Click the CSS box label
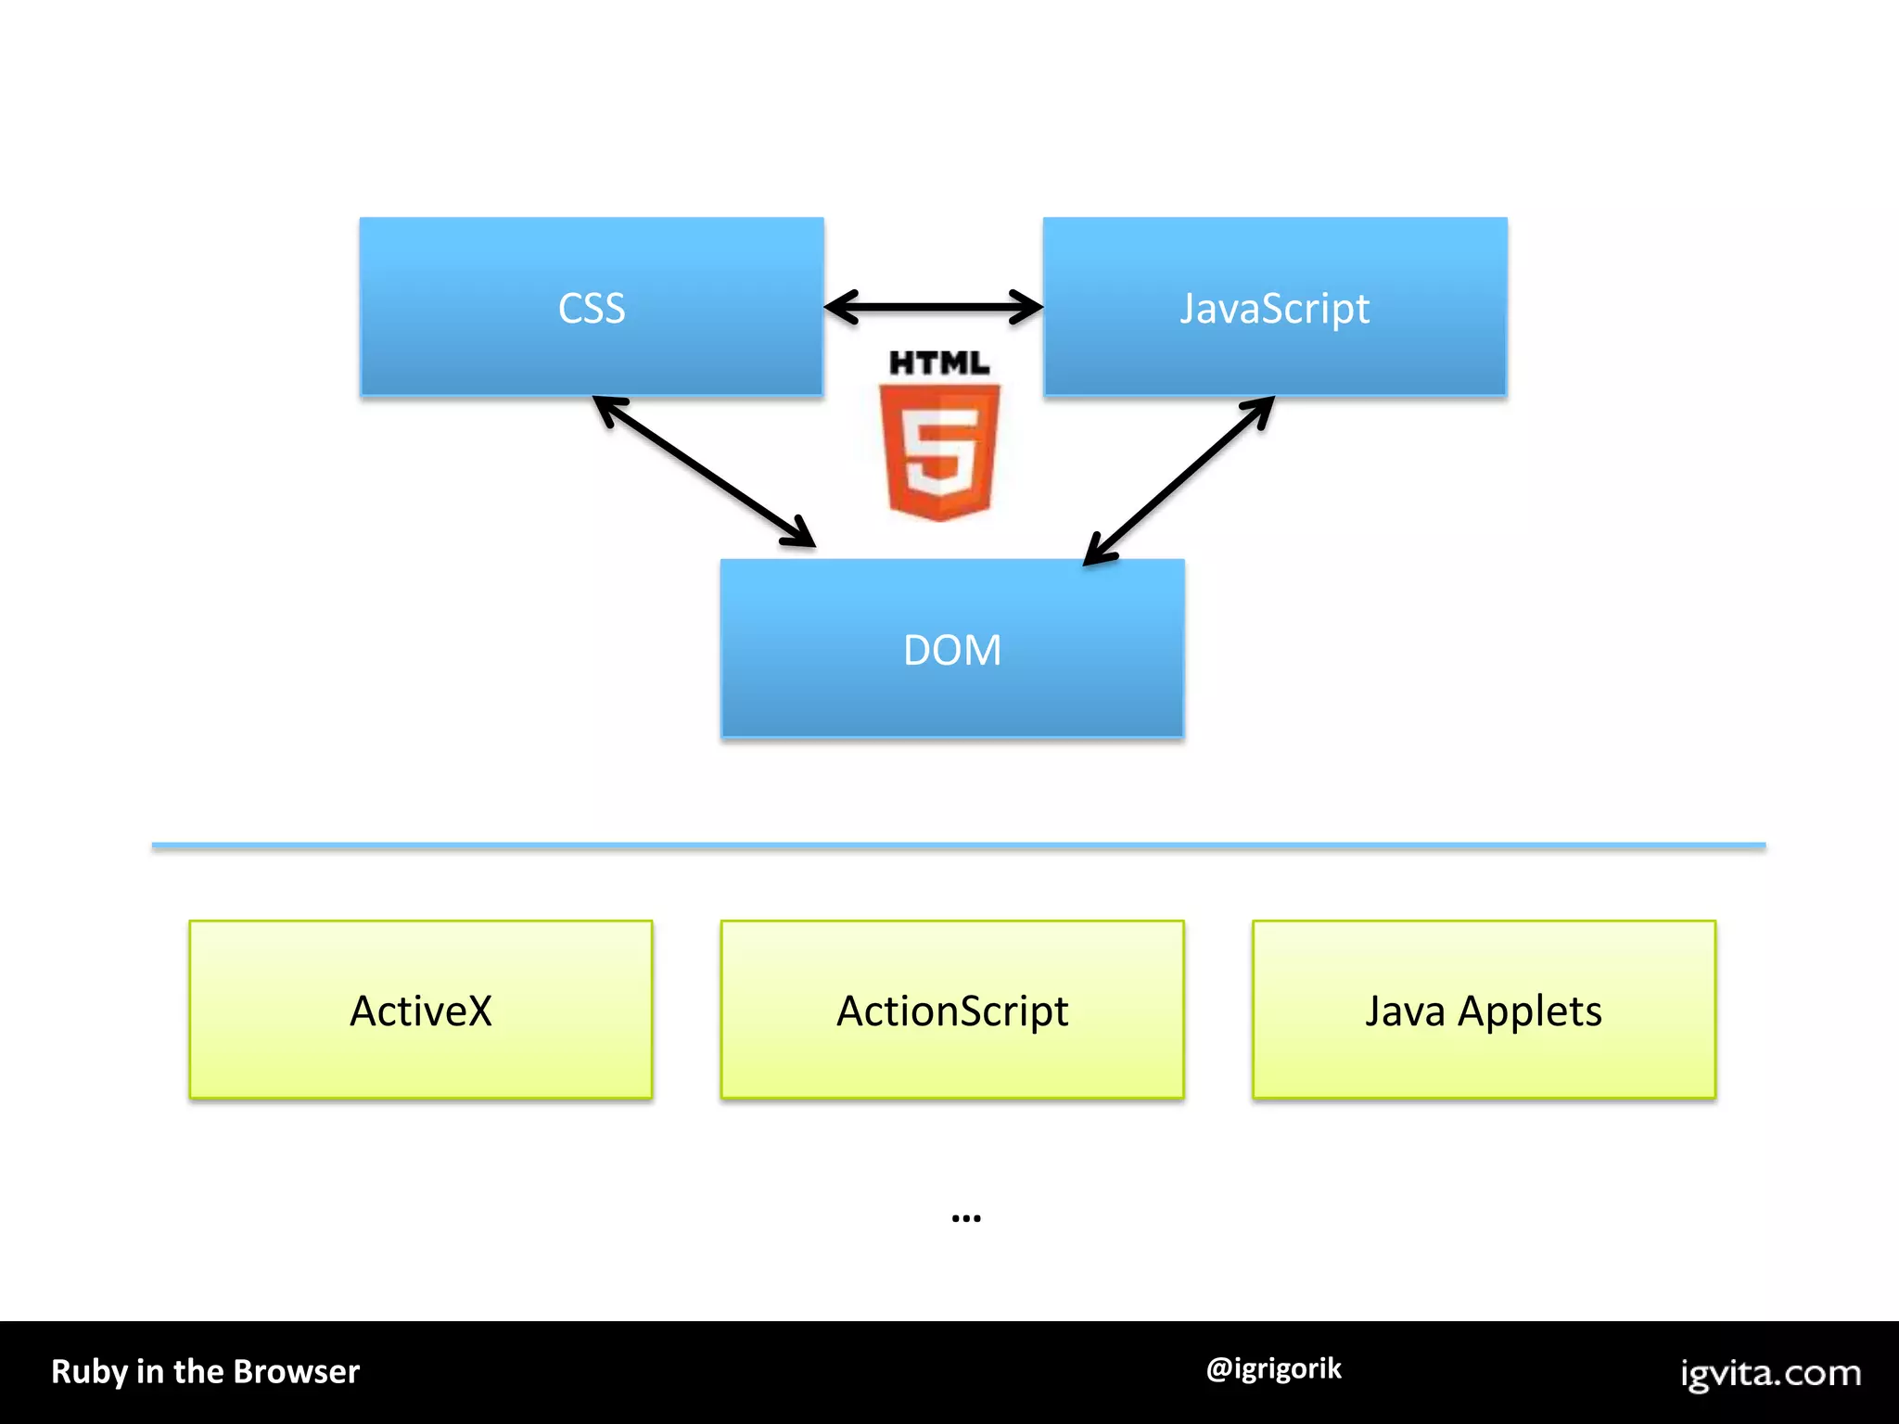tap(592, 308)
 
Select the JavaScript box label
tap(1274, 308)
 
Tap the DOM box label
tap(952, 650)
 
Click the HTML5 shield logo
tap(939, 451)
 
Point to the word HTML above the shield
tap(939, 362)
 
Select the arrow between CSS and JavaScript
tap(933, 307)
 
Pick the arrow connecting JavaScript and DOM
tap(1179, 480)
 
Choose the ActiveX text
tap(421, 1011)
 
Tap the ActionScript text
tap(952, 1011)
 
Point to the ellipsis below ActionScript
tap(966, 1218)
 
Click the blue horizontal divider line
tap(959, 845)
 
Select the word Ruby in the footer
tap(88, 1372)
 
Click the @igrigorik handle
tap(1274, 1368)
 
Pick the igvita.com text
tap(1771, 1373)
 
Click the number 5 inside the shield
tap(939, 455)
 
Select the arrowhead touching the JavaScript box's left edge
tap(1027, 307)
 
